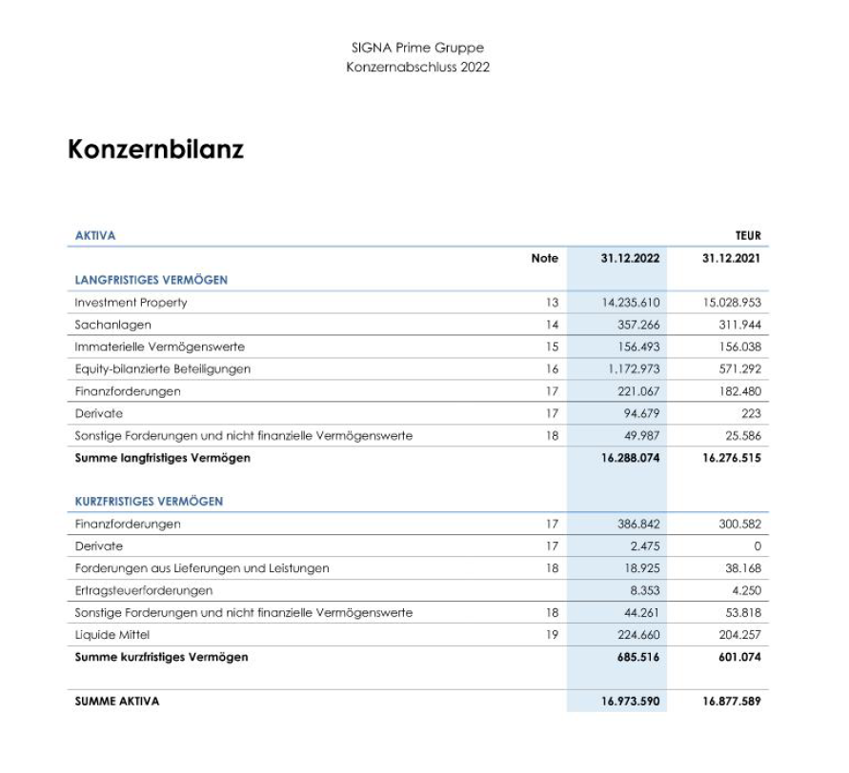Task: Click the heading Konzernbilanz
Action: [x=155, y=149]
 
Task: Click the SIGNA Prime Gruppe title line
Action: [x=417, y=48]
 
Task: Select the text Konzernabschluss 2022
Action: [x=417, y=67]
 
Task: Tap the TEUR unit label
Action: [x=748, y=236]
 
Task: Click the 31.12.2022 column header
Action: [x=630, y=258]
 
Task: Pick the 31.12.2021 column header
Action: [x=731, y=258]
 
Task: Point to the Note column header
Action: [x=544, y=258]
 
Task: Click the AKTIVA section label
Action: [x=95, y=236]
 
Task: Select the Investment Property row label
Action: [x=131, y=303]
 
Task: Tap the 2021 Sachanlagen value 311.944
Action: [x=740, y=325]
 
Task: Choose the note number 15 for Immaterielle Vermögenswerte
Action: [x=550, y=347]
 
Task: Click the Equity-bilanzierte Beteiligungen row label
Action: [x=162, y=369]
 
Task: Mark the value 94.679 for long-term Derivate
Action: [x=639, y=413]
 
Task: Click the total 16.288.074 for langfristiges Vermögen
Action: [x=630, y=458]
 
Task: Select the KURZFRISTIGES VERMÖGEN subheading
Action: [x=149, y=502]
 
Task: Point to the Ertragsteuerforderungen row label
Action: [x=143, y=590]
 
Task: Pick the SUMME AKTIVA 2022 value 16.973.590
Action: [x=630, y=702]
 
